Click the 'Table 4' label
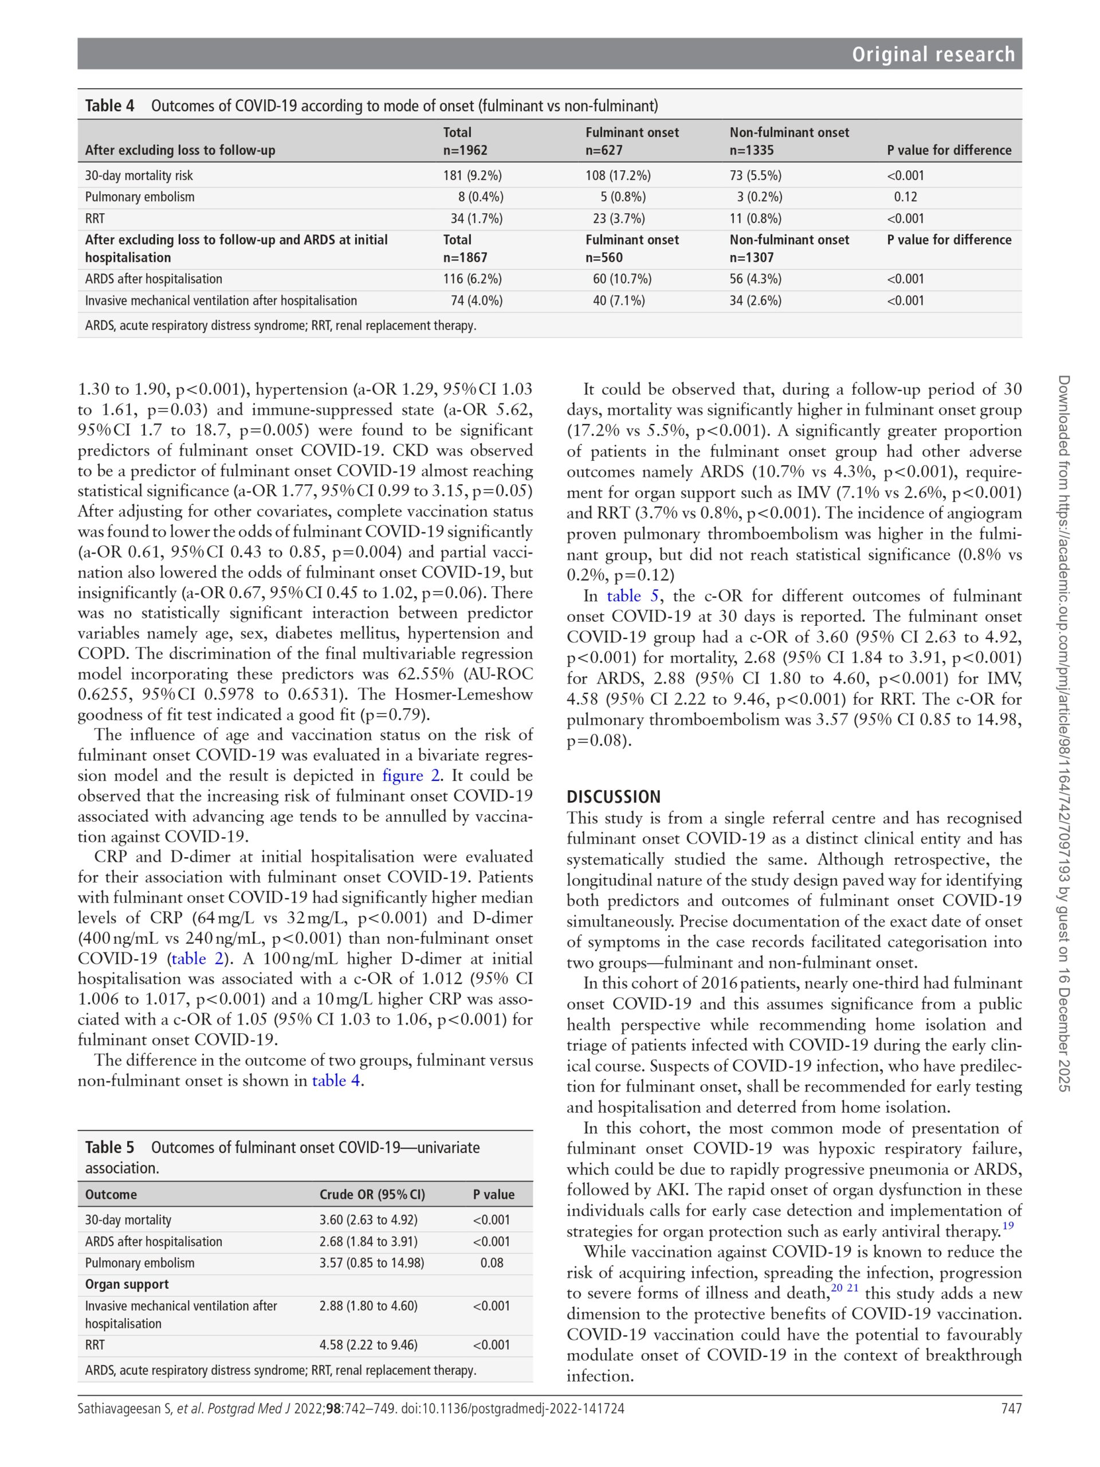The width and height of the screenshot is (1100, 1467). (x=109, y=105)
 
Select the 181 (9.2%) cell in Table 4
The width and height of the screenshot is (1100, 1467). (x=472, y=176)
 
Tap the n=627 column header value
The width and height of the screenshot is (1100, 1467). (x=603, y=150)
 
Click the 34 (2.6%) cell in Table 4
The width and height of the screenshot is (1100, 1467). (x=755, y=300)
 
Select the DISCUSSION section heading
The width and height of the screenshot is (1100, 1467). (x=614, y=797)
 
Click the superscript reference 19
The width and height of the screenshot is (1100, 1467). (x=1008, y=1226)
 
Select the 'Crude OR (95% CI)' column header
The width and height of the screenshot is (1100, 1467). (x=372, y=1194)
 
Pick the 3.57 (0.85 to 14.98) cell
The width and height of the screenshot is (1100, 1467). (x=371, y=1263)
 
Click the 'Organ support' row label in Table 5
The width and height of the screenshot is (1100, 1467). (x=127, y=1284)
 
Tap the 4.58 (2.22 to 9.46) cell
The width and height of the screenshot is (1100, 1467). (x=368, y=1345)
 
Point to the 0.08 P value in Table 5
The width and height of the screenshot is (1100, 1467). (x=492, y=1263)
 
